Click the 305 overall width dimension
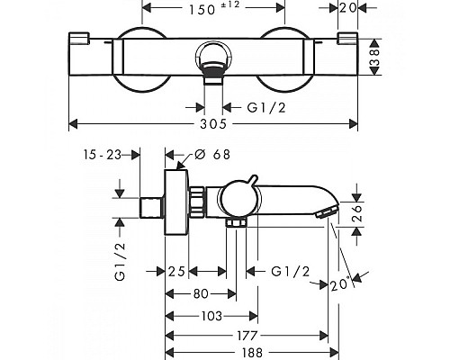tap(213, 123)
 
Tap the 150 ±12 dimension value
tap(214, 8)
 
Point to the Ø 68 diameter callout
tap(212, 155)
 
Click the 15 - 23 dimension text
tap(102, 155)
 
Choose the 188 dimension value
tap(252, 353)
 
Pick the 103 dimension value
tap(211, 316)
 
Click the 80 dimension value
tap(201, 294)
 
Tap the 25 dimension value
tap(176, 272)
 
